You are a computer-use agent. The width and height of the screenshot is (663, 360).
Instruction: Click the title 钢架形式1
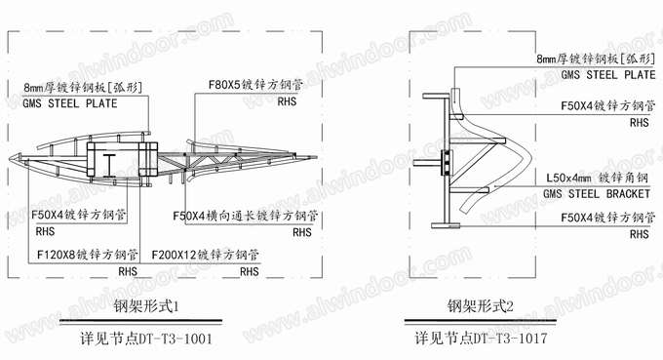146,305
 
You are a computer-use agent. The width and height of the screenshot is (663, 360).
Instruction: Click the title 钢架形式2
480,305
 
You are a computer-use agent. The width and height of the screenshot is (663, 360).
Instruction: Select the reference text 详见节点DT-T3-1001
146,339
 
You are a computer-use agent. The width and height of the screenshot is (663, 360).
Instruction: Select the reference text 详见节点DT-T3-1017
481,338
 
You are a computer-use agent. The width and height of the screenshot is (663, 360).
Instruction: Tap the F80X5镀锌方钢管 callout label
255,85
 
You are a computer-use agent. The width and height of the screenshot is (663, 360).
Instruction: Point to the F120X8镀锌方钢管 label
88,255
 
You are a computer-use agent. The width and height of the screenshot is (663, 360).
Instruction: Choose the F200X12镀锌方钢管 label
205,255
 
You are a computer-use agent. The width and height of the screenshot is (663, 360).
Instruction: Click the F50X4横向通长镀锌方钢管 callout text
246,216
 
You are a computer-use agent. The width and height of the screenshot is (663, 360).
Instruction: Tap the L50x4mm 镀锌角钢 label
597,178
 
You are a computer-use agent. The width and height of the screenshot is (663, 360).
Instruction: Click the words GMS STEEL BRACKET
597,194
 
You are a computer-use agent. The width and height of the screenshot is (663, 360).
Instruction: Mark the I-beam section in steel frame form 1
109,166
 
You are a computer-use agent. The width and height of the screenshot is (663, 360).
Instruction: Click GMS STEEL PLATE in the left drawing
70,103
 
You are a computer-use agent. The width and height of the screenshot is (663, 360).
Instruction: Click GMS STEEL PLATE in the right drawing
608,75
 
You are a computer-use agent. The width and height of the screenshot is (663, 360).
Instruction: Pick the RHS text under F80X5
287,101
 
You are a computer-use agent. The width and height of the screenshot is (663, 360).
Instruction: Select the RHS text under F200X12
250,271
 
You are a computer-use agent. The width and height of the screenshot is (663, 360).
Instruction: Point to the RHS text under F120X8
128,271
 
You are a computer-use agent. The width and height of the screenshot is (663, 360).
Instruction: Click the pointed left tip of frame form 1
10,159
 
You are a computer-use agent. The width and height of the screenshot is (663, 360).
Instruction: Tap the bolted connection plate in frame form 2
447,163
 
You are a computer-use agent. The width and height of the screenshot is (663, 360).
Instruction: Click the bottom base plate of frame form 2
446,224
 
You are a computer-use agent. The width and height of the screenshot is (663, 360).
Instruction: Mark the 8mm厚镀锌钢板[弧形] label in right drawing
596,59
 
